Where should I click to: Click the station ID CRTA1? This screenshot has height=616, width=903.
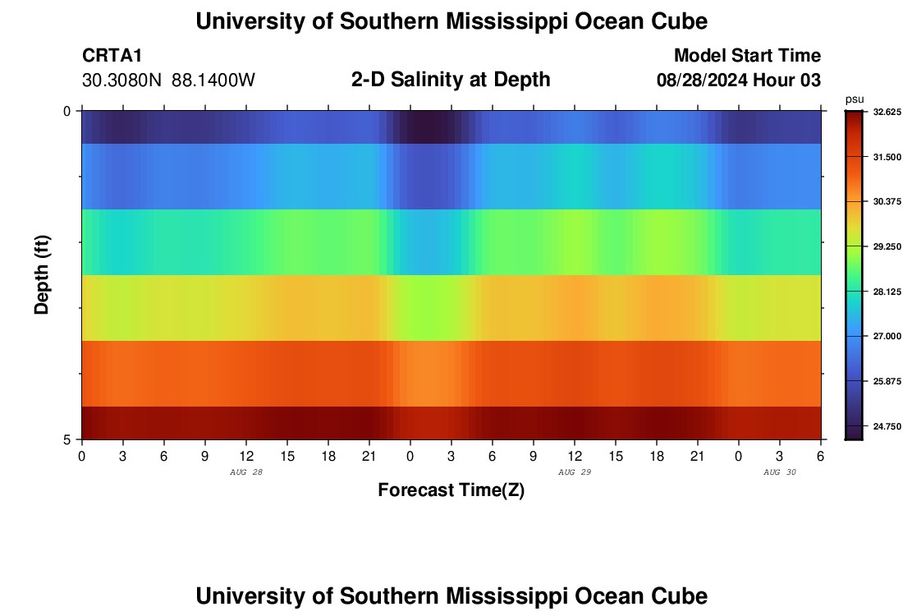[112, 56]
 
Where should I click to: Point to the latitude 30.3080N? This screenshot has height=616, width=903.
[122, 80]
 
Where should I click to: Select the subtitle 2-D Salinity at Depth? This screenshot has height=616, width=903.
[451, 80]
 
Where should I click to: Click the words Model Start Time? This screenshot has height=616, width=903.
[747, 56]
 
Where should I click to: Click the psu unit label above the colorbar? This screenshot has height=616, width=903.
[855, 99]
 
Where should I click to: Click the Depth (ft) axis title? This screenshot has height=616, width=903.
[43, 274]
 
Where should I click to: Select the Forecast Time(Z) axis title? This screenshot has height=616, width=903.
[451, 490]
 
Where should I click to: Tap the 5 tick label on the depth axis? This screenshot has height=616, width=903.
[67, 439]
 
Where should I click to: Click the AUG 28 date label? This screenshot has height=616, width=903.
[246, 472]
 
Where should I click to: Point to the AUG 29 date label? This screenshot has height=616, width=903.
[575, 472]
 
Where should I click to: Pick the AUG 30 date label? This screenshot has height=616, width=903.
[780, 472]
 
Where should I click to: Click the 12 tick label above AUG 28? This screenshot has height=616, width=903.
[246, 455]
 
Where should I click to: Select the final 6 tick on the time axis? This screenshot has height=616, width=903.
[821, 455]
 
